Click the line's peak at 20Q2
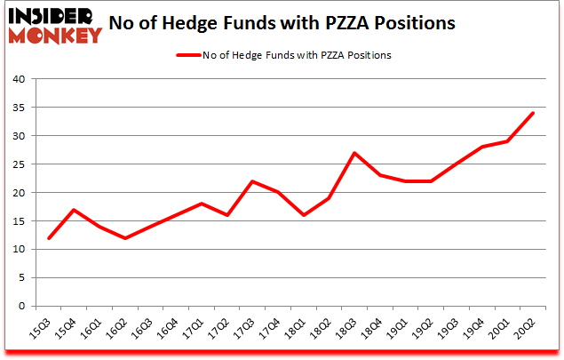click(x=531, y=113)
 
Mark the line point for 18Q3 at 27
click(x=354, y=153)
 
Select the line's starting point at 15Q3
click(x=49, y=238)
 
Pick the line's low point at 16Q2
click(x=125, y=238)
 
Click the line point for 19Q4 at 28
click(x=481, y=147)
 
